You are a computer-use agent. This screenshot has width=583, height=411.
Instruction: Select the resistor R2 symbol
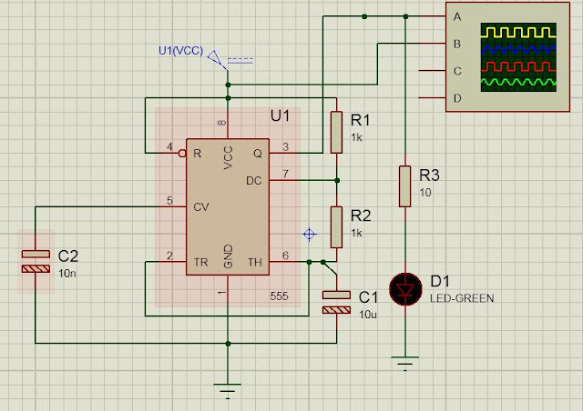click(336, 226)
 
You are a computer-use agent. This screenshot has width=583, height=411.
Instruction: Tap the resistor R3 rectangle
click(404, 186)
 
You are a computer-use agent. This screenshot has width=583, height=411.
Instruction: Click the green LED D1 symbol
click(404, 288)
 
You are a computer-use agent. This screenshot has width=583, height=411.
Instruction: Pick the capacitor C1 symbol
click(336, 302)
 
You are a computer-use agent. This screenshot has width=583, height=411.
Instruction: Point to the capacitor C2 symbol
click(36, 261)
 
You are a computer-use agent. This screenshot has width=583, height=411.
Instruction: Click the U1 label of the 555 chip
click(280, 117)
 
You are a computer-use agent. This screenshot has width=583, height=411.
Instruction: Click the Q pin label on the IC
click(258, 152)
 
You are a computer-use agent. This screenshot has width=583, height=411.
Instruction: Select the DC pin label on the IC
click(255, 180)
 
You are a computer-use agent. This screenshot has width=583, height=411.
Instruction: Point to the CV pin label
click(201, 206)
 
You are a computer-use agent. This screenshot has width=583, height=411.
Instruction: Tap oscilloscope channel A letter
click(457, 16)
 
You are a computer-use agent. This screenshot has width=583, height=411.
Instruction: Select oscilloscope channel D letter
click(457, 97)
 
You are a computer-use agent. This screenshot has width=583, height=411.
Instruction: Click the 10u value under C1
click(367, 314)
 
